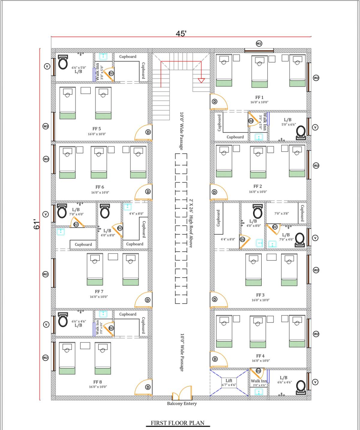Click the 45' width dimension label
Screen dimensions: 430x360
pos(181,34)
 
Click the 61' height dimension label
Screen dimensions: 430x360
pos(37,224)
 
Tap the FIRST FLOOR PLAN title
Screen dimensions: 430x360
pos(177,423)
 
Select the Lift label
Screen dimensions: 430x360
pos(229,381)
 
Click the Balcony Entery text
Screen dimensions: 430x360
pos(182,404)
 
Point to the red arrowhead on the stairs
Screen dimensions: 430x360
pos(201,80)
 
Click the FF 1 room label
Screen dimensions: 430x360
pos(259,97)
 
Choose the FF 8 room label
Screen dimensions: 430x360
pos(97,382)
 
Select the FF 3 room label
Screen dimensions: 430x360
pos(260,295)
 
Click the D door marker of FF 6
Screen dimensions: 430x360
pos(148,192)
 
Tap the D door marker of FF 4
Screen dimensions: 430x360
pos(215,359)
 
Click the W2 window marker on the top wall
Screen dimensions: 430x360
pos(259,43)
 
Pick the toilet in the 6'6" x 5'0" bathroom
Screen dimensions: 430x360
pos(63,62)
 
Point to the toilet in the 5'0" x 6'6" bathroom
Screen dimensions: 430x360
pos(301,132)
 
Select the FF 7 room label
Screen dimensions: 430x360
pos(99,292)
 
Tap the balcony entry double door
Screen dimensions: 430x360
pos(182,393)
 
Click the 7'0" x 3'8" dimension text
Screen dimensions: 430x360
pos(281,214)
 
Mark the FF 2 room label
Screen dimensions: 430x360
pos(257,186)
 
